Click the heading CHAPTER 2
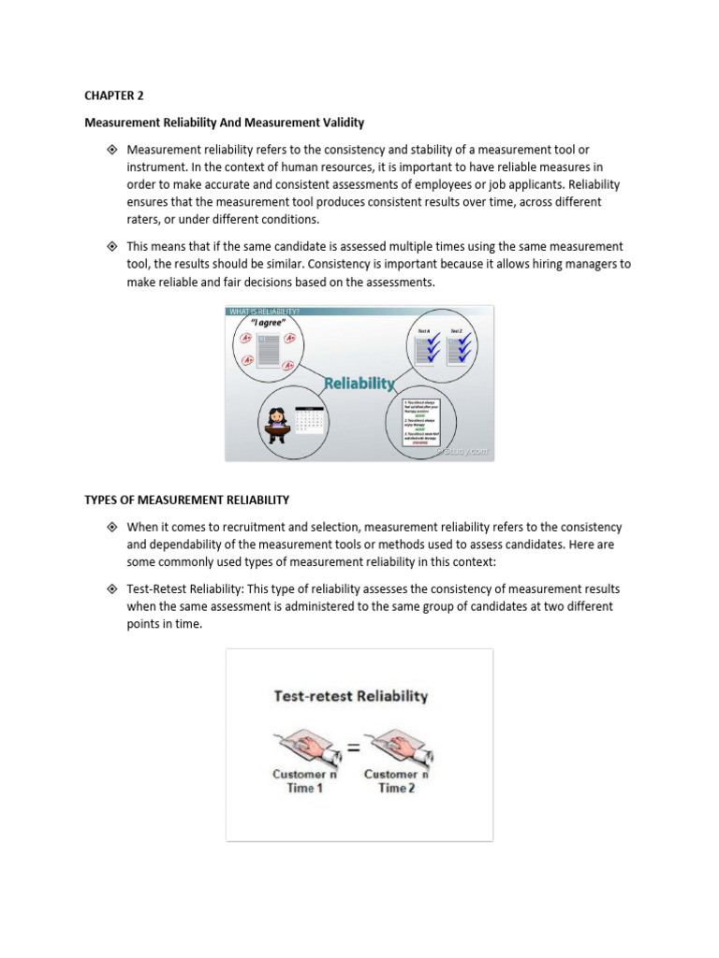pyautogui.click(x=115, y=94)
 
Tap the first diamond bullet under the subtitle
pyautogui.click(x=111, y=150)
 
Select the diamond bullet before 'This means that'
pyautogui.click(x=111, y=246)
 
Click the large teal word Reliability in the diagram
pyautogui.click(x=359, y=384)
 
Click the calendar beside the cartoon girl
pyautogui.click(x=308, y=420)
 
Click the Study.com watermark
pyautogui.click(x=462, y=451)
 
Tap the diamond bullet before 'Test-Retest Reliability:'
pyautogui.click(x=111, y=589)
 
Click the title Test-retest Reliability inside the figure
pyautogui.click(x=350, y=696)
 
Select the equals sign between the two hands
pyautogui.click(x=353, y=747)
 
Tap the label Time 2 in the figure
pyautogui.click(x=396, y=789)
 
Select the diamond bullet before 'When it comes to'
pyautogui.click(x=111, y=528)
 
